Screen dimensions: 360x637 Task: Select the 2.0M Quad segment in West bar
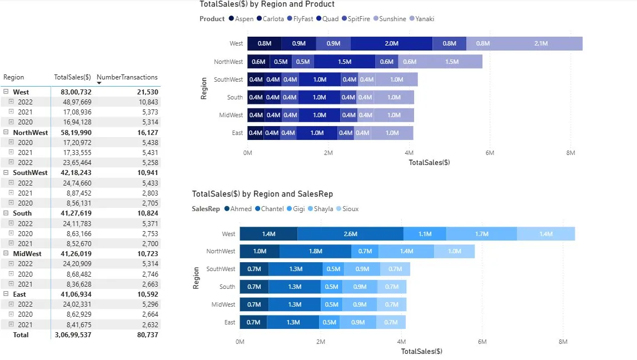[391, 43]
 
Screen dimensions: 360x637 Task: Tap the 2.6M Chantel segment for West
[350, 234]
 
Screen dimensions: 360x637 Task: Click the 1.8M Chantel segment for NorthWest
[315, 251]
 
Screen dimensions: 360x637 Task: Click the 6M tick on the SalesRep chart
[482, 342]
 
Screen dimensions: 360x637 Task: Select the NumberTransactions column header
[127, 77]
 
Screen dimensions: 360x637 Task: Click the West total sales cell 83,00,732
[73, 92]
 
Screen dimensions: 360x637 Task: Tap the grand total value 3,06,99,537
[73, 335]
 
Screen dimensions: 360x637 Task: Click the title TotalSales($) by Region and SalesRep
[262, 194]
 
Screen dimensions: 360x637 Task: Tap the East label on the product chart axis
[237, 133]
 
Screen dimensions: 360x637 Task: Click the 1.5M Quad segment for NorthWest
[344, 62]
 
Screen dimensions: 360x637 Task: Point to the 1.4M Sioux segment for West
[546, 234]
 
